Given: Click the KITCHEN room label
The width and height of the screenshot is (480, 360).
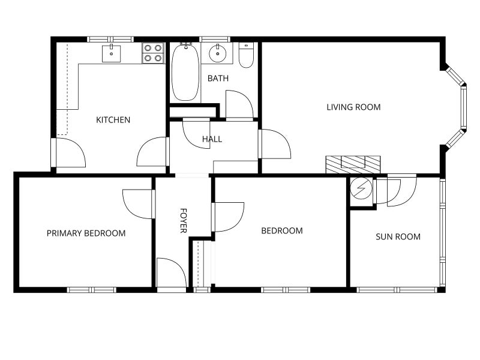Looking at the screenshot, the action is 113,119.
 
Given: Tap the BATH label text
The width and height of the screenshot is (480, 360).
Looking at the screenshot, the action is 218,79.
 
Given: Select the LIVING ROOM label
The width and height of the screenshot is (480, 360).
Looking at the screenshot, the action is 353,107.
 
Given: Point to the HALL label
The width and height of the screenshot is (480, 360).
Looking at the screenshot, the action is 212,139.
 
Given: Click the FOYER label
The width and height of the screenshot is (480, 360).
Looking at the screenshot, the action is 183,220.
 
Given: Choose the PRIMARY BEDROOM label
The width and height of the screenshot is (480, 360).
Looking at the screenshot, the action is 86,233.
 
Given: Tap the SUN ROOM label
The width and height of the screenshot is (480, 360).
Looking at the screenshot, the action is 398,236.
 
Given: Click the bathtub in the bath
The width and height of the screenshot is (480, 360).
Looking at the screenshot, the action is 185,72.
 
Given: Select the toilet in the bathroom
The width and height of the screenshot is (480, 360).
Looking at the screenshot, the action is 246,55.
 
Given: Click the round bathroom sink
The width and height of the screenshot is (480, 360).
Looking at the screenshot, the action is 218,53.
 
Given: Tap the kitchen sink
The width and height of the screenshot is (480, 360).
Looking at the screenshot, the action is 111,53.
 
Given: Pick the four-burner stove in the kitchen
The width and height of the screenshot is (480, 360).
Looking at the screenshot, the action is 153,53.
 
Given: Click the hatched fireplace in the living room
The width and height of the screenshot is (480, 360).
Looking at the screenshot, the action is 353,164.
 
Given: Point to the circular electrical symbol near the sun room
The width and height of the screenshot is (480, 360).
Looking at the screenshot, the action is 361,188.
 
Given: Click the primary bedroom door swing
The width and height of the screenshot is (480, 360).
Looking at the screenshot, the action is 138,204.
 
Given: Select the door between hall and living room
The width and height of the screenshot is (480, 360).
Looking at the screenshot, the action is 274,144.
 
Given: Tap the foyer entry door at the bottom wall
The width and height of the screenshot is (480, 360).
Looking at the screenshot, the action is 172,273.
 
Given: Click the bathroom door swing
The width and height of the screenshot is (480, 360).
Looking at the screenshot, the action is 239,104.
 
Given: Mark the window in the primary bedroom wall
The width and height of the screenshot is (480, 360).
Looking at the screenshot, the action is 92,290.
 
